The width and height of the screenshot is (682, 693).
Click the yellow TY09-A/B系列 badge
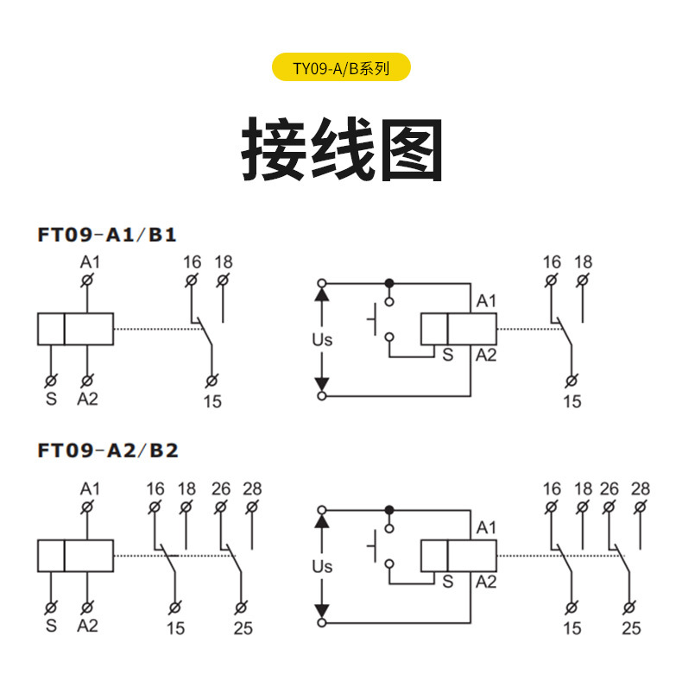pyautogui.click(x=341, y=67)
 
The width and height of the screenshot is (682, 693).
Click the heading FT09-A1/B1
pyautogui.click(x=107, y=234)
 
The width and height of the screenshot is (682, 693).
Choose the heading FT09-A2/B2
pyautogui.click(x=108, y=450)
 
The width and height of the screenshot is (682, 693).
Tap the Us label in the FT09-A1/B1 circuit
pyautogui.click(x=322, y=340)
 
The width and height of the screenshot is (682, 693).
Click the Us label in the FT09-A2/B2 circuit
pyautogui.click(x=322, y=567)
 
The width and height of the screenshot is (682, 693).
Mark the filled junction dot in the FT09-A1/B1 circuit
pyautogui.click(x=389, y=282)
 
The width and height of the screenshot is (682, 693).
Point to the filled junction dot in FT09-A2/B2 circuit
pyautogui.click(x=389, y=509)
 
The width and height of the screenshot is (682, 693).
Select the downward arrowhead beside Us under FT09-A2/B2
pyautogui.click(x=323, y=612)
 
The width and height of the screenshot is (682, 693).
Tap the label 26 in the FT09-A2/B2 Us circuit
pyautogui.click(x=609, y=489)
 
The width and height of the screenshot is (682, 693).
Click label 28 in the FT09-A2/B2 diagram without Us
pyautogui.click(x=252, y=489)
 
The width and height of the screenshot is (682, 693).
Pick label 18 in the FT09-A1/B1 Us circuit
pyautogui.click(x=584, y=261)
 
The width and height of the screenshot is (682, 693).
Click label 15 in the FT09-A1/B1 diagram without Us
pyautogui.click(x=212, y=401)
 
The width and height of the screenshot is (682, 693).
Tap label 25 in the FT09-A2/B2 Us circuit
pyautogui.click(x=632, y=628)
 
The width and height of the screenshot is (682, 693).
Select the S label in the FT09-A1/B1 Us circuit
pyautogui.click(x=448, y=354)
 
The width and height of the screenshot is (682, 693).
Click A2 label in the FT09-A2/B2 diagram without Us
pyautogui.click(x=87, y=625)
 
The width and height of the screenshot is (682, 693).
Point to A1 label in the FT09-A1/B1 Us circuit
pyautogui.click(x=487, y=301)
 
